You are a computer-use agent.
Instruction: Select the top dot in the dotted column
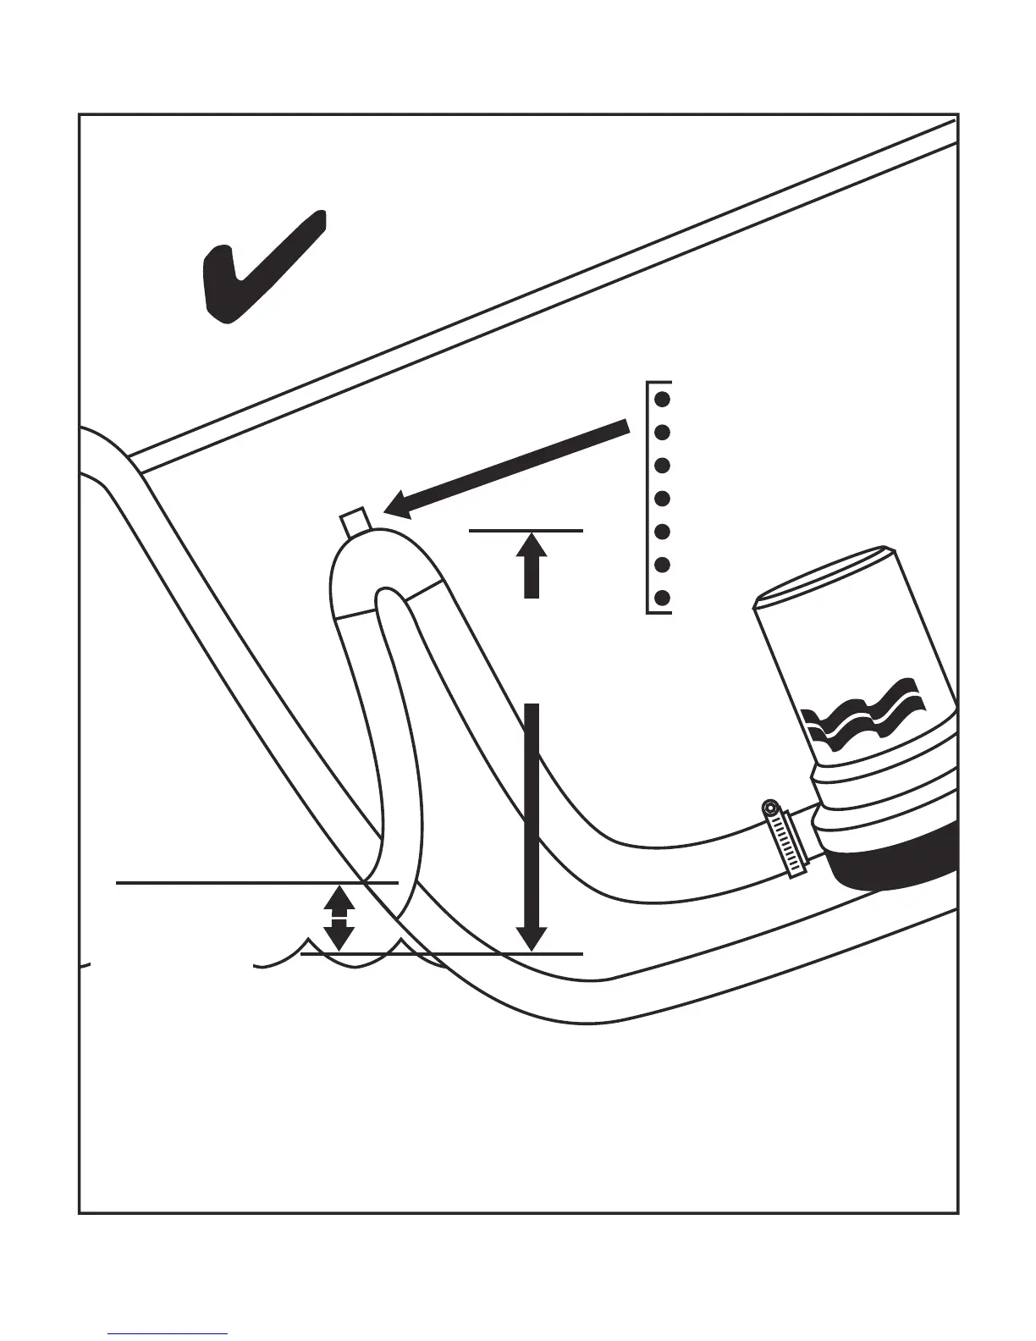tap(664, 398)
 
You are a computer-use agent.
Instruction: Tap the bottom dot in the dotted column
tap(664, 598)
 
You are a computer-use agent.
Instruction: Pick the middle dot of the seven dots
tap(664, 499)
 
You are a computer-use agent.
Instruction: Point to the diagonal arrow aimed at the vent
tap(508, 469)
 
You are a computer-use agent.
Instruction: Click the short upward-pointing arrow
tap(531, 566)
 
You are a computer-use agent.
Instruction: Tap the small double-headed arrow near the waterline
tap(339, 918)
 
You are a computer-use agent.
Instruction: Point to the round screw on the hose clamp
tap(770, 808)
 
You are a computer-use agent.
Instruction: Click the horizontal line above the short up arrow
tap(526, 531)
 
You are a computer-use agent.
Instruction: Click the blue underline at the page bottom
tap(168, 1333)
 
